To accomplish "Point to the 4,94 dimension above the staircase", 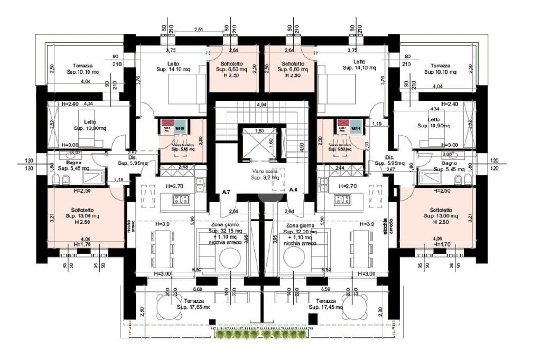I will (260, 106).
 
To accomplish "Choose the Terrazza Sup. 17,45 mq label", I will (323, 304).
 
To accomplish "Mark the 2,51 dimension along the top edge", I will (199, 30).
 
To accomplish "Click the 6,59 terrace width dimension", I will (325, 289).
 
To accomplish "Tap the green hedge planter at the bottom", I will (258, 334).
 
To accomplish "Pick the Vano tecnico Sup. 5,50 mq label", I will (342, 146).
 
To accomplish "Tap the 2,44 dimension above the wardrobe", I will (340, 167).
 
